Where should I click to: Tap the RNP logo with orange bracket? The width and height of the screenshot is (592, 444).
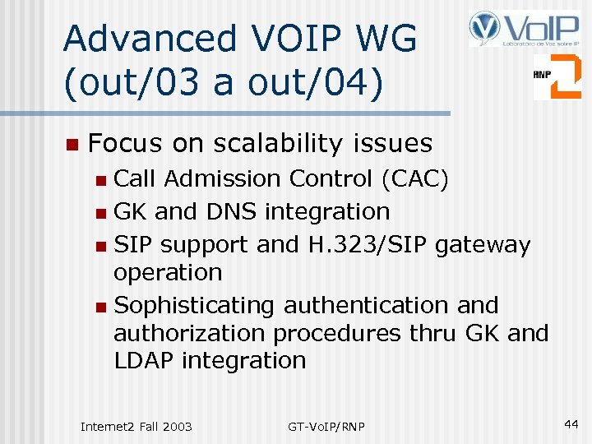point(557,76)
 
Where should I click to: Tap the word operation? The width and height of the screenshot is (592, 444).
point(168,273)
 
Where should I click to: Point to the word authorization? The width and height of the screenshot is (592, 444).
point(189,334)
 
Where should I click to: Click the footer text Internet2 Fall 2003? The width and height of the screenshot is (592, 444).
point(136,426)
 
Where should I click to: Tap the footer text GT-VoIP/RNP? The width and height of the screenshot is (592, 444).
point(326,426)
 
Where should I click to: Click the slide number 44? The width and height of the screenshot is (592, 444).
point(571,423)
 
